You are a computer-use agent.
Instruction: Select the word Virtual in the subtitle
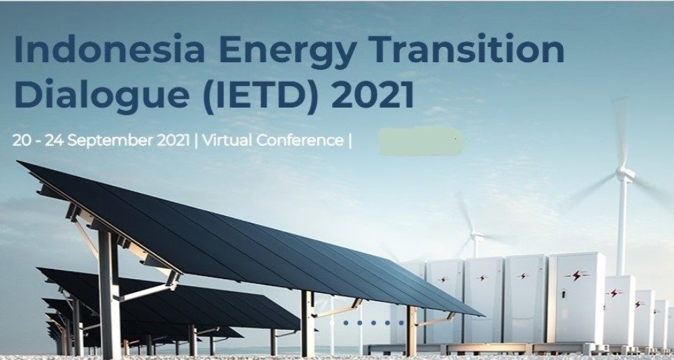(227, 140)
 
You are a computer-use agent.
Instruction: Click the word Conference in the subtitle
(300, 140)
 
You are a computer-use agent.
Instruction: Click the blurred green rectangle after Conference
(420, 141)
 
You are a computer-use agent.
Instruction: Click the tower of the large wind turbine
(622, 224)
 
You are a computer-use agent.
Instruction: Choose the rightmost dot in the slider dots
(401, 323)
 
